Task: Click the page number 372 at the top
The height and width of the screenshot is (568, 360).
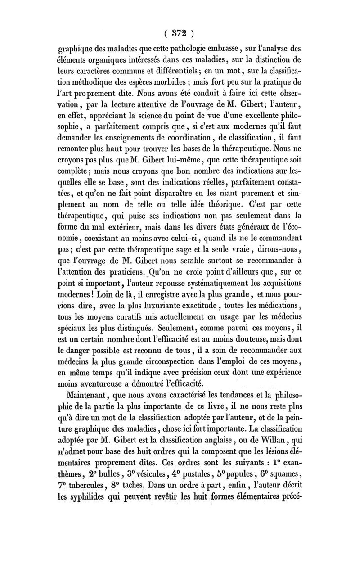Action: pyautogui.click(x=180, y=33)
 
